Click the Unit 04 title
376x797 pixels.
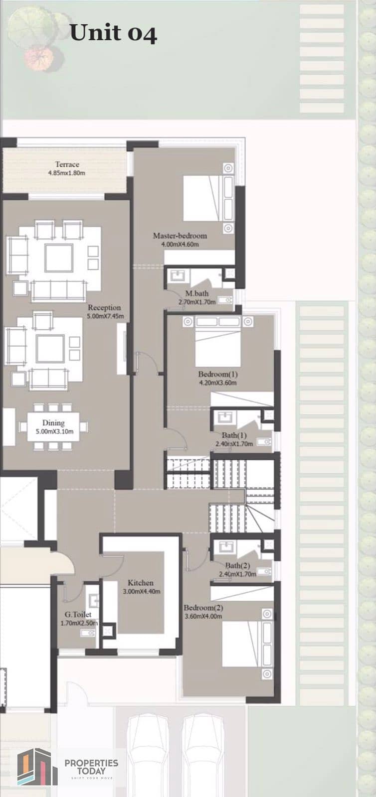(x=113, y=33)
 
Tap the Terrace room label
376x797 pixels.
(x=67, y=164)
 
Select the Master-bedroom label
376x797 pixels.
(x=180, y=236)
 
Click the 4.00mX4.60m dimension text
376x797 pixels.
(x=180, y=245)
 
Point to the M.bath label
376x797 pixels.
(x=197, y=293)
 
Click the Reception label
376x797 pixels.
(x=104, y=307)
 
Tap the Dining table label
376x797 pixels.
(x=53, y=423)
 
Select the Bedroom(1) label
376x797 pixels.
(x=218, y=374)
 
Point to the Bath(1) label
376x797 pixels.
(x=234, y=435)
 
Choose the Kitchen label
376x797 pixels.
(x=141, y=583)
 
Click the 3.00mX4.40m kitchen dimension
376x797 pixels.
(x=141, y=592)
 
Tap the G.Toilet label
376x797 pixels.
(x=78, y=615)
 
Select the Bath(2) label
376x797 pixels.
(x=237, y=565)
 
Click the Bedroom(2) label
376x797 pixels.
(x=203, y=608)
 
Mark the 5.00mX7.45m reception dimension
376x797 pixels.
(x=106, y=316)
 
